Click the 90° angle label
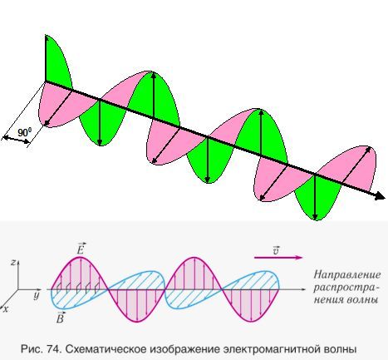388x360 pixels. coord(24,132)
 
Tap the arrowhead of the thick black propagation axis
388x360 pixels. coord(381,196)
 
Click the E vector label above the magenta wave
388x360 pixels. coord(81,249)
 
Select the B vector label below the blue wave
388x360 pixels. coord(60,318)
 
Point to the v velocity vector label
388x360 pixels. coord(276,250)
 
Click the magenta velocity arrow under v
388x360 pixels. coord(278,258)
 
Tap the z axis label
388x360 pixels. coord(12,262)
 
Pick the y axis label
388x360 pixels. coord(37,296)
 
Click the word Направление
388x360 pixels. coord(347,275)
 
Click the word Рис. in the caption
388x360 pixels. coord(31,349)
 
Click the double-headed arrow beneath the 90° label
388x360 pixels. coord(16,140)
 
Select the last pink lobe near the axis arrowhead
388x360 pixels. coord(349,169)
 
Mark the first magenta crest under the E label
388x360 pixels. coord(81,273)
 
